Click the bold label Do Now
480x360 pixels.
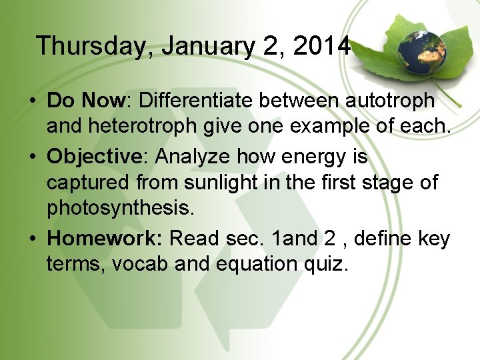87,101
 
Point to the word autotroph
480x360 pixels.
390,101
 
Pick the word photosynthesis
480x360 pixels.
120,208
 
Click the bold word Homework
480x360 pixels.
105,238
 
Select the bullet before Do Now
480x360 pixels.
32,101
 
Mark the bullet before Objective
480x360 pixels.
32,157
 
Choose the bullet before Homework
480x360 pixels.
32,239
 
